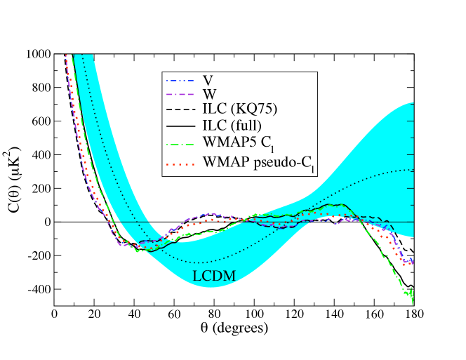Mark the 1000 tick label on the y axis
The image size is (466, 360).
click(37, 54)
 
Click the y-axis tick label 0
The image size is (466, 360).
click(46, 222)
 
